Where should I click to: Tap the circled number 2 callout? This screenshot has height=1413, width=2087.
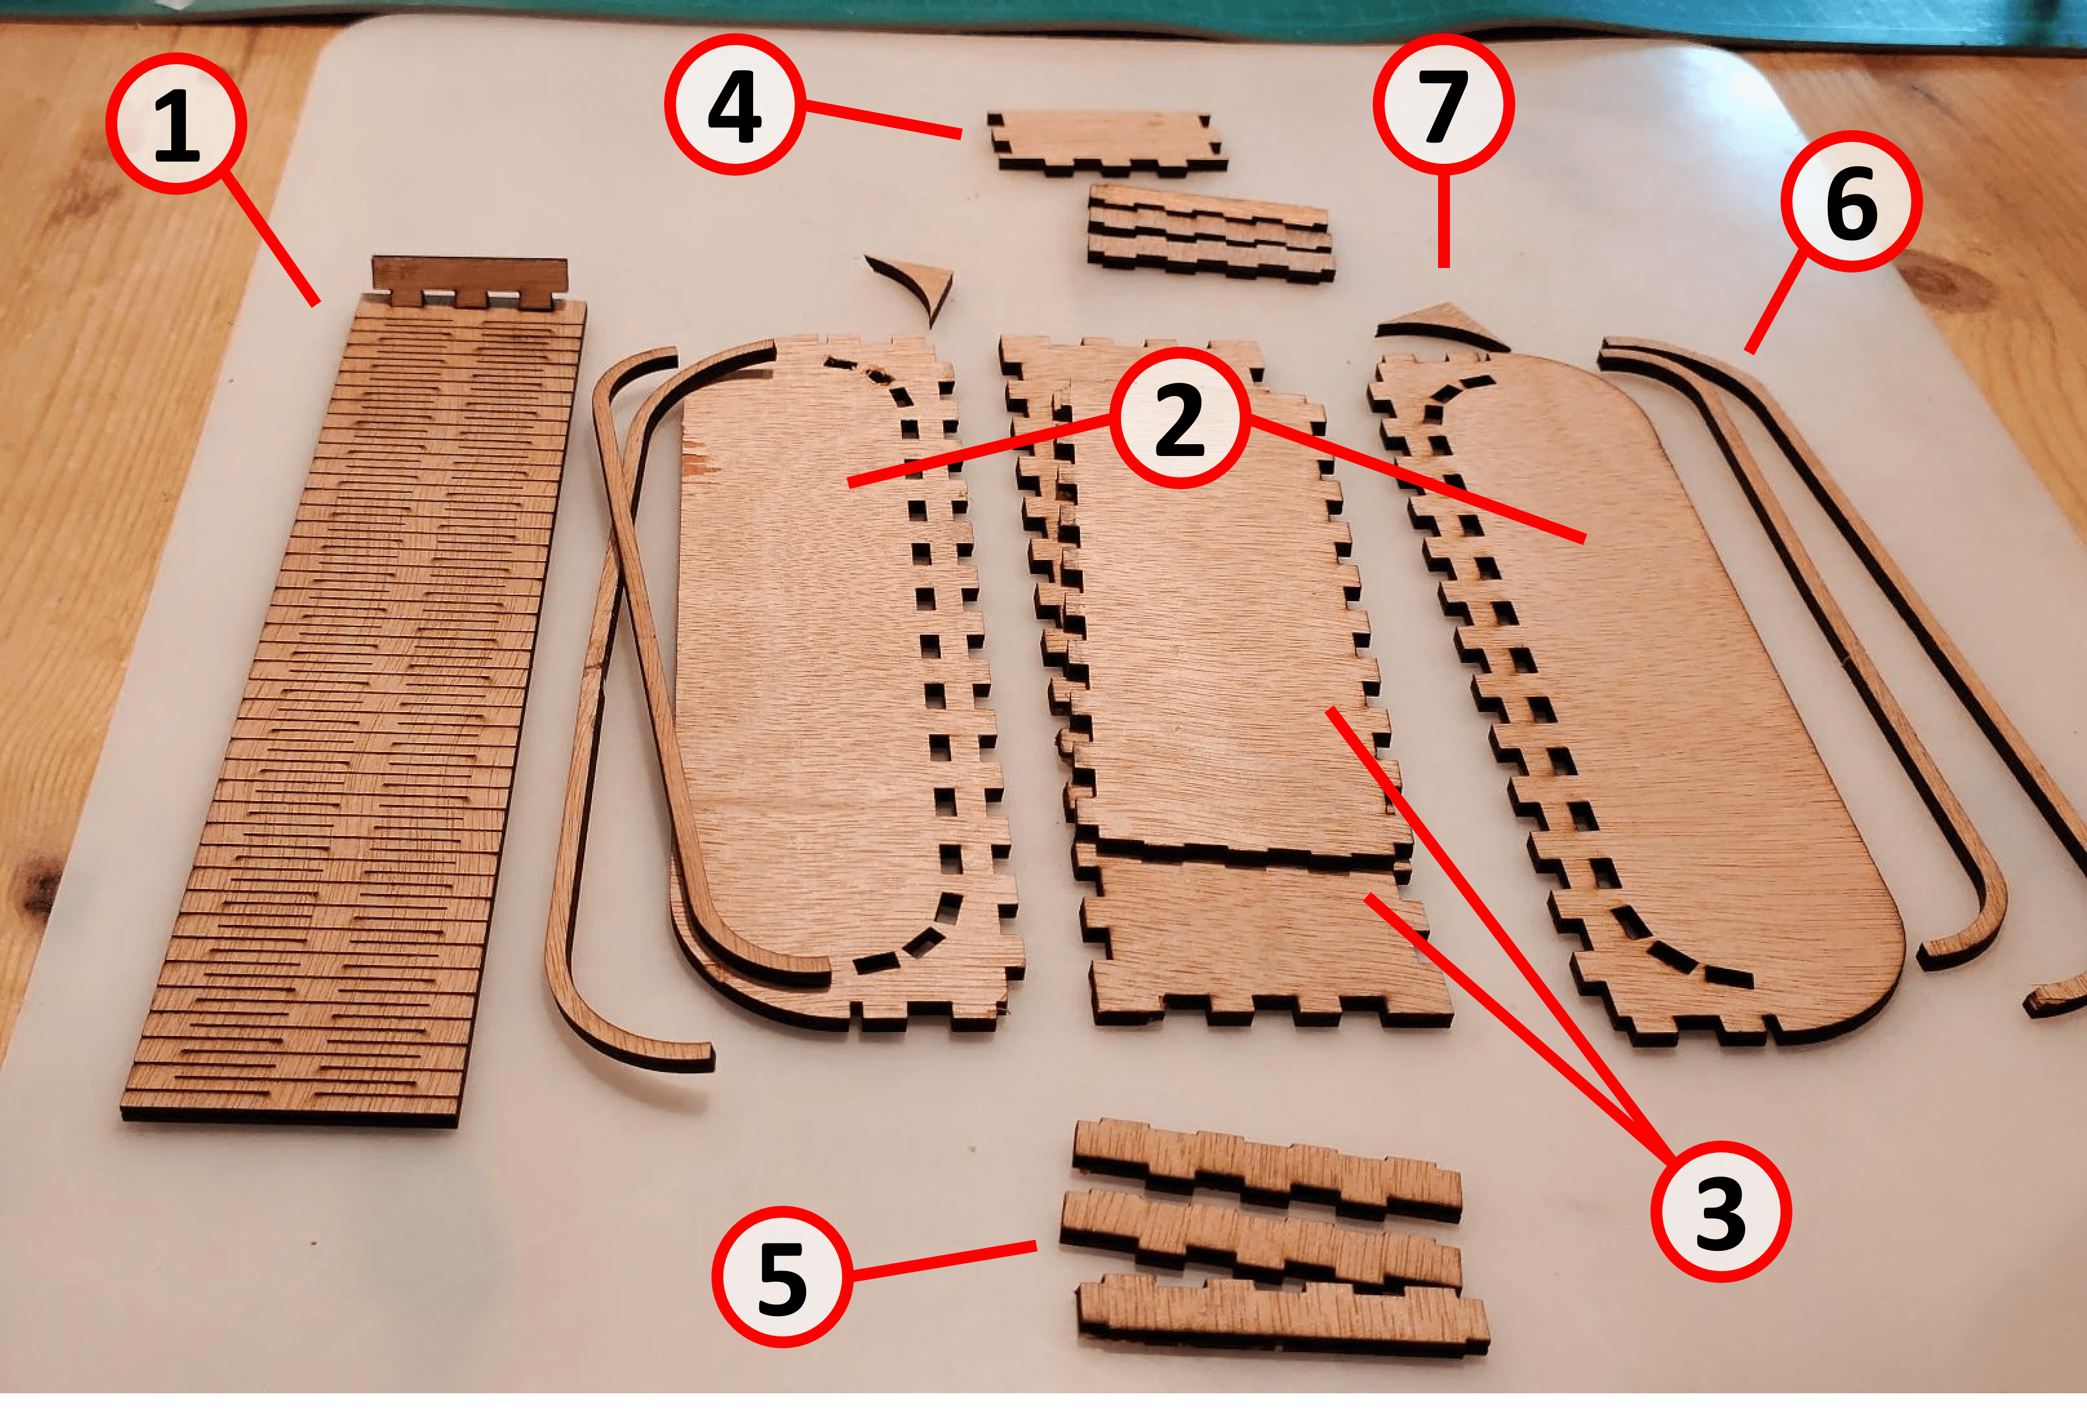tap(1179, 419)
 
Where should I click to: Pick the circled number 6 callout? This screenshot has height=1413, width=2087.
tap(1853, 201)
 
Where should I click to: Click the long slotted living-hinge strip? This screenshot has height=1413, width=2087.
tap(359, 718)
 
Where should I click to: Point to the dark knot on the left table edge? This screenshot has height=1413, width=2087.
tap(32, 884)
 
